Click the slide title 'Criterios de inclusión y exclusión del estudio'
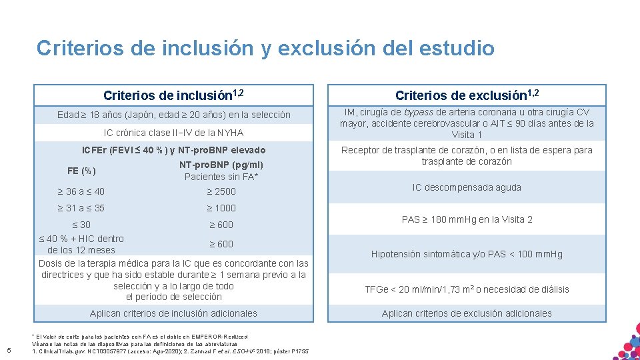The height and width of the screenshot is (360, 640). pos(265,49)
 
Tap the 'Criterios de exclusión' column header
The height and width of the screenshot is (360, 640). pos(466,95)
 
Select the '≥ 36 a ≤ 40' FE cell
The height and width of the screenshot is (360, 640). pos(81,192)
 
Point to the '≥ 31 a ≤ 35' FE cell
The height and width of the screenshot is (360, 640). pos(81,208)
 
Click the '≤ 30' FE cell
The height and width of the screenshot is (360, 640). pos(80,225)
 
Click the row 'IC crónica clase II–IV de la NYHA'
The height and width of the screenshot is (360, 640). pos(173,133)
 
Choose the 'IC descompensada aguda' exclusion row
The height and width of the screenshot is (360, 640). pos(466,188)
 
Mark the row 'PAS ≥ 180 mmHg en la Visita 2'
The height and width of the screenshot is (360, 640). pos(466,219)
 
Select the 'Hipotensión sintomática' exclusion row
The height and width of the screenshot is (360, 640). pos(466,254)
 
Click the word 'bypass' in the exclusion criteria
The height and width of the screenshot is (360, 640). pos(419,113)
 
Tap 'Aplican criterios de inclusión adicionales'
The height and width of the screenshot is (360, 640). pos(173,313)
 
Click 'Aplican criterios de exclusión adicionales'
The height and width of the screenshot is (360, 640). pos(466,313)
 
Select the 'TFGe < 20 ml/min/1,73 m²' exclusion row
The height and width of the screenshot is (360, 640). pos(466,289)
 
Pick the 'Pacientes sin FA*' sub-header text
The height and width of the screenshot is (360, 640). pos(221,177)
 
